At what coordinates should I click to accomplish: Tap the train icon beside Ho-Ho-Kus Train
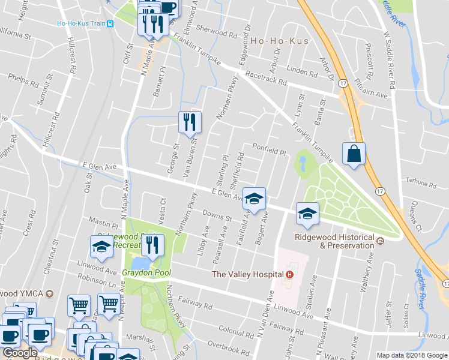[110, 24]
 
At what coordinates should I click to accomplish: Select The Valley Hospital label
[249, 274]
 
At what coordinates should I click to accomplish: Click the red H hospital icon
[289, 274]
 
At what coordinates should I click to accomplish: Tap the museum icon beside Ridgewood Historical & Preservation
[380, 241]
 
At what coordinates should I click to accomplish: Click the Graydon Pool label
[146, 272]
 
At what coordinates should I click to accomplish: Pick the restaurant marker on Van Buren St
[190, 122]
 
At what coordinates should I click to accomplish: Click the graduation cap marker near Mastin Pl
[101, 246]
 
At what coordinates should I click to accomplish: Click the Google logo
[19, 353]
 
